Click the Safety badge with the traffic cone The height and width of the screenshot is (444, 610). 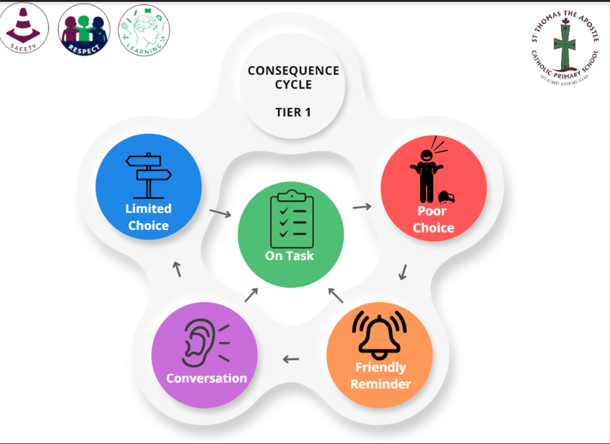(25, 28)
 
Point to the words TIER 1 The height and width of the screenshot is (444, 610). (293, 112)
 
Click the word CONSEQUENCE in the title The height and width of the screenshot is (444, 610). (293, 71)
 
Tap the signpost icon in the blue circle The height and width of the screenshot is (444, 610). (148, 175)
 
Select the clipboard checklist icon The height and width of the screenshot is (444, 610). (291, 219)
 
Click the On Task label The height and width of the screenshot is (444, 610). (290, 256)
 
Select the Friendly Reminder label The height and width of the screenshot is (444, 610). (380, 375)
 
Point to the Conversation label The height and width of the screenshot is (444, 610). (206, 378)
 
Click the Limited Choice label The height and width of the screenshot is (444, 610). (148, 217)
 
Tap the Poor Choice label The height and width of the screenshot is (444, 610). (433, 220)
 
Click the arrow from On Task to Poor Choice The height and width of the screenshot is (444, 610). (362, 206)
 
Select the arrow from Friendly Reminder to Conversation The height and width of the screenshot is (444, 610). (291, 360)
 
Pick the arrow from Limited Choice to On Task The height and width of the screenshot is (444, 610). (220, 212)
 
